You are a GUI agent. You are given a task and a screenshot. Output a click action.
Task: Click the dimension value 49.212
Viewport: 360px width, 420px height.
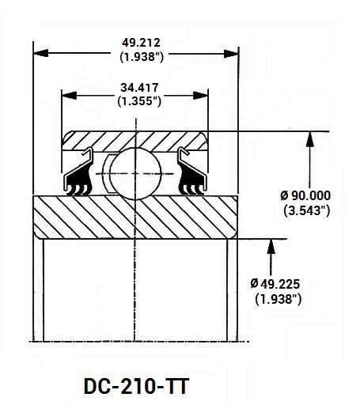(x=141, y=43)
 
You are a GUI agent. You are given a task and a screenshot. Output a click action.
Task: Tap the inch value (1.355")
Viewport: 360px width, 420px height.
(x=139, y=101)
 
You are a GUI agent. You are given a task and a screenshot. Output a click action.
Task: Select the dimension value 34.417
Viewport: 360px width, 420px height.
(x=139, y=88)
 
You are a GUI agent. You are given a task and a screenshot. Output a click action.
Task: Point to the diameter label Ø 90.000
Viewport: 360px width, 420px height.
(x=305, y=195)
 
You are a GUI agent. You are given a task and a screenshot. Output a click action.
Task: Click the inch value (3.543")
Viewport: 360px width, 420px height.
(x=307, y=210)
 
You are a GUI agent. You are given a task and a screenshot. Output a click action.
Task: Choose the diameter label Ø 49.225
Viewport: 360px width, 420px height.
(x=275, y=284)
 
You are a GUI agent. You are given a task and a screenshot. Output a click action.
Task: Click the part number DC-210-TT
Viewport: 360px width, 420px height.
(x=137, y=386)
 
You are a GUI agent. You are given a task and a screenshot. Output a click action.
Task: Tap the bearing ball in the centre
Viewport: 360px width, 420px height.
(x=135, y=173)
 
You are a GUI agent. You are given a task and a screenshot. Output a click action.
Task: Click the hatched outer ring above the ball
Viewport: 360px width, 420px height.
(x=135, y=141)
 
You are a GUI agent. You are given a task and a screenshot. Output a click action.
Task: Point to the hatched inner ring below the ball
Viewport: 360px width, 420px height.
(x=135, y=218)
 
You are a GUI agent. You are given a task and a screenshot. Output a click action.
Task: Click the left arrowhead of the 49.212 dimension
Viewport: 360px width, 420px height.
(x=41, y=53)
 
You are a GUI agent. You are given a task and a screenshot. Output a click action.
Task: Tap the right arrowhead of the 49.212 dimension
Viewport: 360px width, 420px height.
(x=231, y=54)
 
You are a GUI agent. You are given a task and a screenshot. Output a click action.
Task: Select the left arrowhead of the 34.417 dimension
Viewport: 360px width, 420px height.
(x=69, y=95)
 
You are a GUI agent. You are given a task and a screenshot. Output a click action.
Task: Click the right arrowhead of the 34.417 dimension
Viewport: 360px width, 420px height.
(x=200, y=95)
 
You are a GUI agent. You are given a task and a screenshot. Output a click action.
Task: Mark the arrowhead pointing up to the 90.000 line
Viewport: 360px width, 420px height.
(x=310, y=139)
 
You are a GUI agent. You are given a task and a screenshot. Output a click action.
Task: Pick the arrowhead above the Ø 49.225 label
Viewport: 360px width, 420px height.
(x=271, y=247)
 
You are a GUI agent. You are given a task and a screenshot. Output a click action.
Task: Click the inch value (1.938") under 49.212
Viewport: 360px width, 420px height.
(x=142, y=57)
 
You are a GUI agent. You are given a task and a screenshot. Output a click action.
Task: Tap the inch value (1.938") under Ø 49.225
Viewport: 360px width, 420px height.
(x=279, y=299)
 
